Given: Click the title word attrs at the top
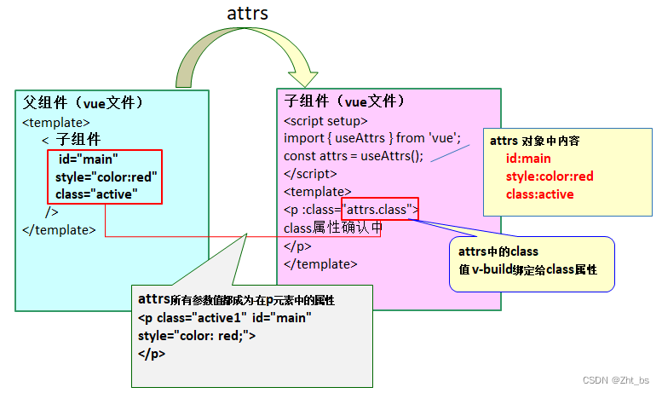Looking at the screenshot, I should [247, 14].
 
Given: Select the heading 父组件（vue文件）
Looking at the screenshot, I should [83, 103].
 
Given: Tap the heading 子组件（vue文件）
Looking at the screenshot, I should [344, 101].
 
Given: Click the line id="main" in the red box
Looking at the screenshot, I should [88, 159].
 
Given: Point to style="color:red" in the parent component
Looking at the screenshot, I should [106, 177].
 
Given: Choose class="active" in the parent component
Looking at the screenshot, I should [96, 194].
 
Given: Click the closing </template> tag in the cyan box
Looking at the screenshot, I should [58, 229].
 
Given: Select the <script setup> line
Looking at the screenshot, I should [325, 120].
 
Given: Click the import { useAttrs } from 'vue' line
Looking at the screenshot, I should [371, 137].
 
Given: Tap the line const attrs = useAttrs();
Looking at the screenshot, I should [353, 155].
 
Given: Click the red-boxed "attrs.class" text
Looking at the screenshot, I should [378, 209].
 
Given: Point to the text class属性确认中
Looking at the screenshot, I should [332, 228].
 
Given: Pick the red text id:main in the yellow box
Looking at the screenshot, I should [528, 159].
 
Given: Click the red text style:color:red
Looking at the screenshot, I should [549, 176].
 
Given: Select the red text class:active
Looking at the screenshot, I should [539, 194].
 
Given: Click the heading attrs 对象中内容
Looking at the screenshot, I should [536, 141].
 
